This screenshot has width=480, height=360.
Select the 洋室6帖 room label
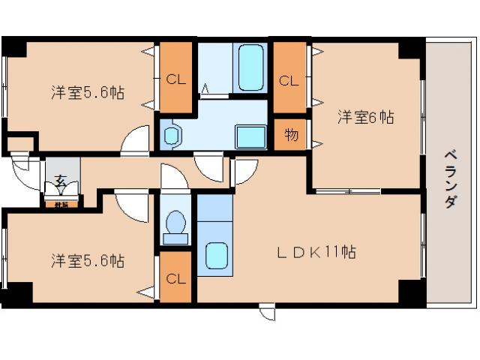tap(365, 118)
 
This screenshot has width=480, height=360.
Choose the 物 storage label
tap(291, 136)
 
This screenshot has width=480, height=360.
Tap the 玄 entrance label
tap(58, 181)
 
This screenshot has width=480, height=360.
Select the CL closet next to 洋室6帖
tap(289, 79)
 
